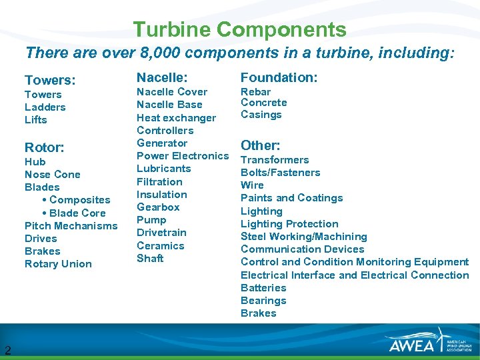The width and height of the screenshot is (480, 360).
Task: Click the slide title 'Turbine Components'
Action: [239, 30]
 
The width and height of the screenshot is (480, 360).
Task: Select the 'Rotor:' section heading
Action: [44, 147]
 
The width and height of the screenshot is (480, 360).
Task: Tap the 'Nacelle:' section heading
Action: [162, 77]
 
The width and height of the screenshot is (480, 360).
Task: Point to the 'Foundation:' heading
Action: [279, 77]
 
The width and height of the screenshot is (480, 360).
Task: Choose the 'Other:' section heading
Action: [260, 145]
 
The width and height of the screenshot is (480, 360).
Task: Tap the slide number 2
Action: [7, 350]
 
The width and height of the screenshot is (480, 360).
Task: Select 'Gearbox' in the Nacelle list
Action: [158, 207]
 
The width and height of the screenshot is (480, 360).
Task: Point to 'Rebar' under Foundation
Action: [255, 92]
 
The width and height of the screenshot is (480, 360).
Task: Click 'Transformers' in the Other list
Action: [275, 160]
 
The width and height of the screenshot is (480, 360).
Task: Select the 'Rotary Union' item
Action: [58, 264]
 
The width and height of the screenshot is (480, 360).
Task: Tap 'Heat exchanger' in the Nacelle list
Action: [176, 118]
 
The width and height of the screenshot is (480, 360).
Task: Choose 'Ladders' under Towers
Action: [45, 107]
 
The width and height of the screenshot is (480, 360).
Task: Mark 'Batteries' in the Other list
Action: [263, 288]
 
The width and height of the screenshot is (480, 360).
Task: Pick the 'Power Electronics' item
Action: [182, 156]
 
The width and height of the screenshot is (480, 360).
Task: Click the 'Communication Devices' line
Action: [302, 249]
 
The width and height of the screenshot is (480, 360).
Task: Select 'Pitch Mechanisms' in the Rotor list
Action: [71, 226]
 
